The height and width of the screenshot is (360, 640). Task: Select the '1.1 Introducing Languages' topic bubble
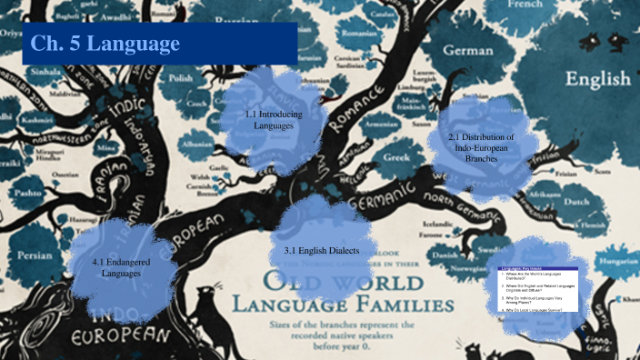(269, 120)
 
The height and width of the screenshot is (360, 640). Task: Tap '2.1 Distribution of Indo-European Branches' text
(481, 146)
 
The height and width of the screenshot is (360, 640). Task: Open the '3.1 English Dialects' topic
(321, 250)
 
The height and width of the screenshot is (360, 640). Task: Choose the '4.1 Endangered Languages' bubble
(115, 267)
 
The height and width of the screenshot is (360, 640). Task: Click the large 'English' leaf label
(597, 80)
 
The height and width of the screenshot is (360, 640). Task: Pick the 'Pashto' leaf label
(30, 194)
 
